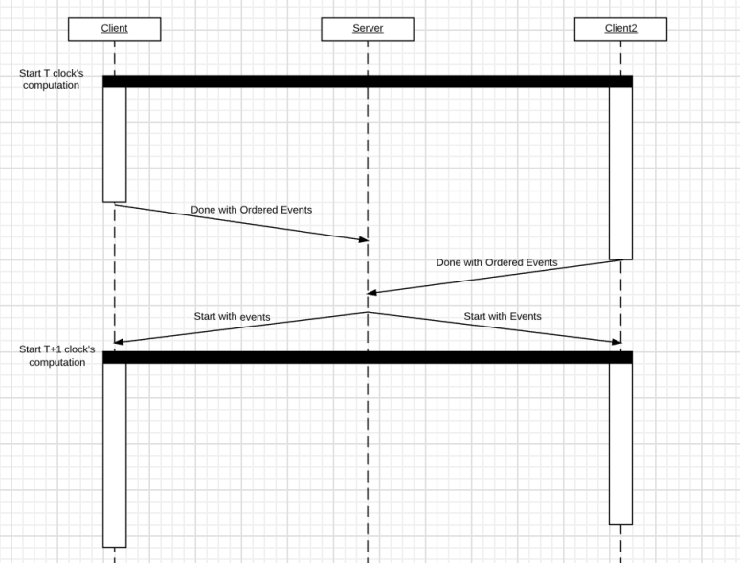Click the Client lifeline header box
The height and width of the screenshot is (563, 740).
tap(114, 30)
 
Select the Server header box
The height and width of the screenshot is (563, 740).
tap(368, 30)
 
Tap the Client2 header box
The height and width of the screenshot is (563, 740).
tap(620, 30)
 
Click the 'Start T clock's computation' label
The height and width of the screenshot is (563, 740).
tap(52, 79)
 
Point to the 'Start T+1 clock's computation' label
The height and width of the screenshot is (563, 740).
tap(57, 356)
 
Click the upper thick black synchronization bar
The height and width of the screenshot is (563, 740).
tap(368, 81)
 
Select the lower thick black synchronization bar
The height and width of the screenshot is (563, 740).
tap(368, 357)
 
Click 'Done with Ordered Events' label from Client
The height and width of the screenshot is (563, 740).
tap(252, 210)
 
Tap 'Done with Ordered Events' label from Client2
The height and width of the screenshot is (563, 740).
tap(497, 262)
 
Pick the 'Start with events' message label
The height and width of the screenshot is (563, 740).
tap(233, 317)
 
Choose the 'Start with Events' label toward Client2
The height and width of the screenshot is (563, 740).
tap(503, 316)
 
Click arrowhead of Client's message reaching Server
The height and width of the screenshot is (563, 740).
tap(364, 239)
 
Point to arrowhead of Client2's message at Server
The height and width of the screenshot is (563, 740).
tap(371, 293)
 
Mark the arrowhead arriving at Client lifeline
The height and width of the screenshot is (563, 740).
tap(119, 342)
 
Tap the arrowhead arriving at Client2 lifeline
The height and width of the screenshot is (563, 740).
tap(617, 342)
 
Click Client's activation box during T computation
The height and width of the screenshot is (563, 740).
tap(115, 145)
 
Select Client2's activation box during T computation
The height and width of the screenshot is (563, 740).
tap(620, 173)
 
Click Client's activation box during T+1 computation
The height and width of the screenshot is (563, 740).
tap(115, 456)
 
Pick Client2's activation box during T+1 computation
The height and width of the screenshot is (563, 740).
tap(620, 443)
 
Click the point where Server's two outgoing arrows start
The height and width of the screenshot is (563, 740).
tap(368, 312)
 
